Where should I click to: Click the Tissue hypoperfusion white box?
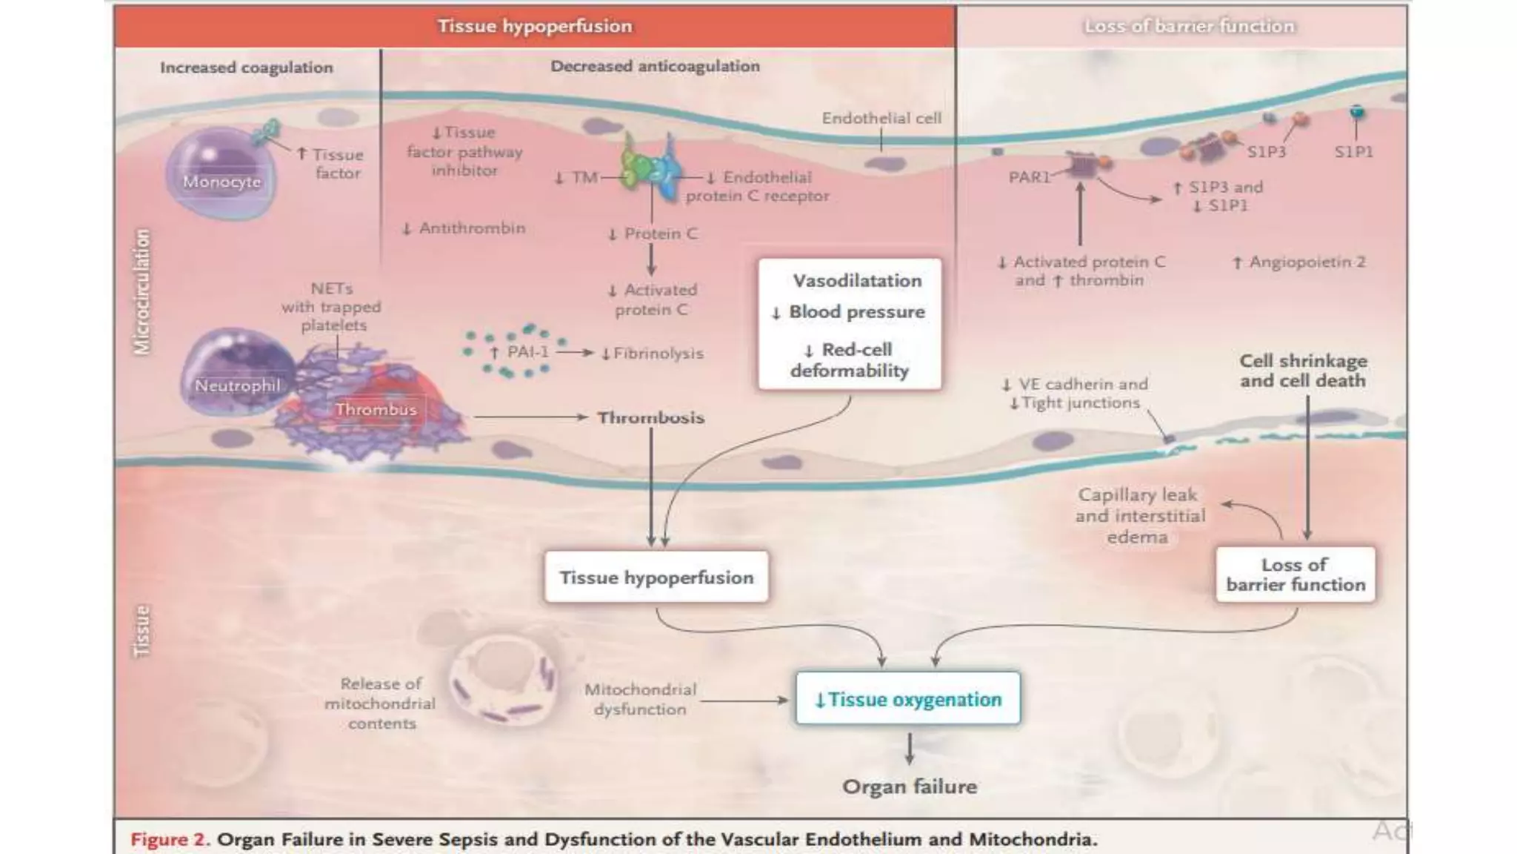click(656, 577)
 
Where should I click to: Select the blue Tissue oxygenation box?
click(907, 698)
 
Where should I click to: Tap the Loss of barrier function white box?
click(1295, 575)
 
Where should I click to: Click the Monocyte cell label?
click(221, 182)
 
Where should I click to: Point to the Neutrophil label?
click(237, 385)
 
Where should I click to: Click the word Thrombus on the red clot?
click(376, 409)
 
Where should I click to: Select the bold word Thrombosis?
click(650, 417)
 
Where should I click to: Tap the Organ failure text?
click(909, 787)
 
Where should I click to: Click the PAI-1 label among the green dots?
click(527, 351)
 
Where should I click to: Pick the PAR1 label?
click(1030, 177)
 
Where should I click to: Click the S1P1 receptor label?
click(1353, 152)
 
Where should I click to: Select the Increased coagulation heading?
click(247, 67)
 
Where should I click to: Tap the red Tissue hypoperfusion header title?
click(535, 26)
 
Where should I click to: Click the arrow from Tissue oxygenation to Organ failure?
click(909, 749)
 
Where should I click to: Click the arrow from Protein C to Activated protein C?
click(651, 259)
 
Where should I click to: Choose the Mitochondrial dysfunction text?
click(640, 699)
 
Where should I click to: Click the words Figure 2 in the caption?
click(170, 839)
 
